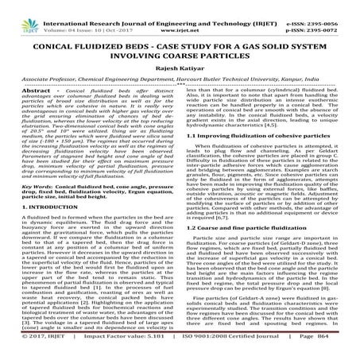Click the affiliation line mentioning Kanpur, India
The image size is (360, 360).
(x=180, y=79)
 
